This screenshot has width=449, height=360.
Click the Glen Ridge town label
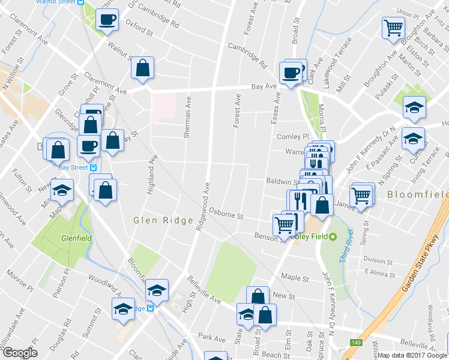click(163, 220)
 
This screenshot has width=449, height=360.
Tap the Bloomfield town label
click(417, 194)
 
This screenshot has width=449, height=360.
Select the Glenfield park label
click(76, 237)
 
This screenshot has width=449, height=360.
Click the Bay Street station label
click(73, 167)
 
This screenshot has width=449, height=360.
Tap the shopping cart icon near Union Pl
click(393, 27)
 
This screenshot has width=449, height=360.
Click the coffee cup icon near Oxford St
click(107, 19)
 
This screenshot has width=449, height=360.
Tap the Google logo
click(20, 353)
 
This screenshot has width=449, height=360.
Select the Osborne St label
click(226, 214)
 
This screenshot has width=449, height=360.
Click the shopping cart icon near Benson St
click(283, 226)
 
